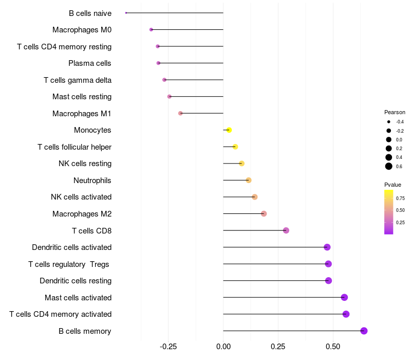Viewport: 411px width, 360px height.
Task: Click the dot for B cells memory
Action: [364, 331]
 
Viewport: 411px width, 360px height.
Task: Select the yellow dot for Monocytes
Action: [229, 130]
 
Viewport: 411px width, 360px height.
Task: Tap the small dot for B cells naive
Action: [126, 13]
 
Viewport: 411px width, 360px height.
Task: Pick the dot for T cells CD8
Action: [286, 230]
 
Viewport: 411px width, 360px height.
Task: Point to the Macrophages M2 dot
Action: [264, 213]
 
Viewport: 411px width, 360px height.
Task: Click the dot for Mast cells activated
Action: [344, 297]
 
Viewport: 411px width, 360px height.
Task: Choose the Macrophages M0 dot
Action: [151, 29]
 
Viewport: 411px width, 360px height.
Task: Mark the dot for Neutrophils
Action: [249, 180]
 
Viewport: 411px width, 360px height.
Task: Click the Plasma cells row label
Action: [90, 63]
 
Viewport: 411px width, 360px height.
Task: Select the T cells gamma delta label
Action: [78, 80]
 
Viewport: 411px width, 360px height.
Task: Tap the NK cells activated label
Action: [81, 197]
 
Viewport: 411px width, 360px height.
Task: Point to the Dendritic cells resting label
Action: [76, 281]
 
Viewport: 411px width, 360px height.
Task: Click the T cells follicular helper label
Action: [74, 147]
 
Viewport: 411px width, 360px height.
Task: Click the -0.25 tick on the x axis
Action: [169, 347]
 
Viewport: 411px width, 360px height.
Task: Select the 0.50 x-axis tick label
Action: [333, 347]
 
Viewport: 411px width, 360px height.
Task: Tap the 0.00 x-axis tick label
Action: [223, 347]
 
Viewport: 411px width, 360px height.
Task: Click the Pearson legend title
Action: [395, 112]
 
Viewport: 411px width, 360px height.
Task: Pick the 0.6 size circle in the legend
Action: [389, 166]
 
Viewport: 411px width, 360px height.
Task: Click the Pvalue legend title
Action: [393, 185]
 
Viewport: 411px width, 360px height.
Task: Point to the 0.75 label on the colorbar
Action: [400, 198]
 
